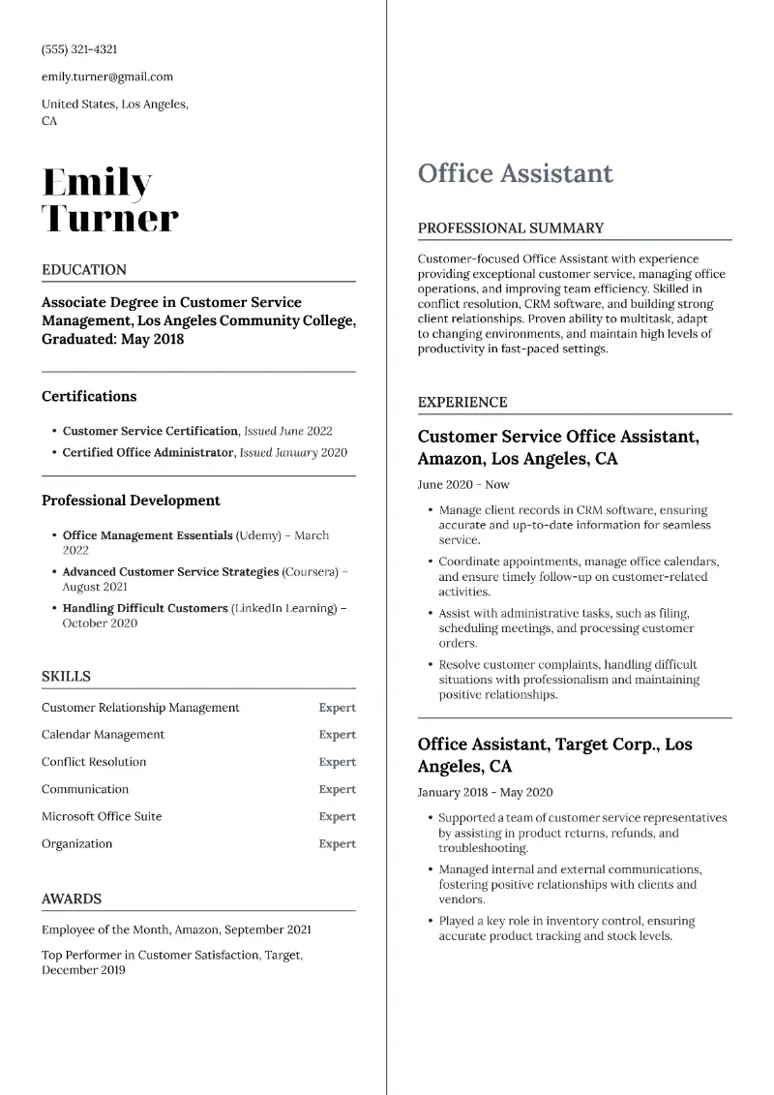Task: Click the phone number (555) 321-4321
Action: [79, 49]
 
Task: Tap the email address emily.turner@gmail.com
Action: [107, 76]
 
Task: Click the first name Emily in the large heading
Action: [97, 182]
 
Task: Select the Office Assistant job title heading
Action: [515, 173]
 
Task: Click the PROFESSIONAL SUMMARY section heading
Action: [510, 228]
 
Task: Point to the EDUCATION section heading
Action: [84, 270]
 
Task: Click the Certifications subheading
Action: [89, 396]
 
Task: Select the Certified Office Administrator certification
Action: [148, 452]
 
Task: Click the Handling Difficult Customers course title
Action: [145, 608]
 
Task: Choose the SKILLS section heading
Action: [66, 677]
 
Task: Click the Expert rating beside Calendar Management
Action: [337, 735]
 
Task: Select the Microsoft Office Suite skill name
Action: [102, 816]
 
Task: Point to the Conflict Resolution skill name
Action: [94, 762]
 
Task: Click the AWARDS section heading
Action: [72, 899]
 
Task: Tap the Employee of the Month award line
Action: [176, 929]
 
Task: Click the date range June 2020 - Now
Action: [463, 485]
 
